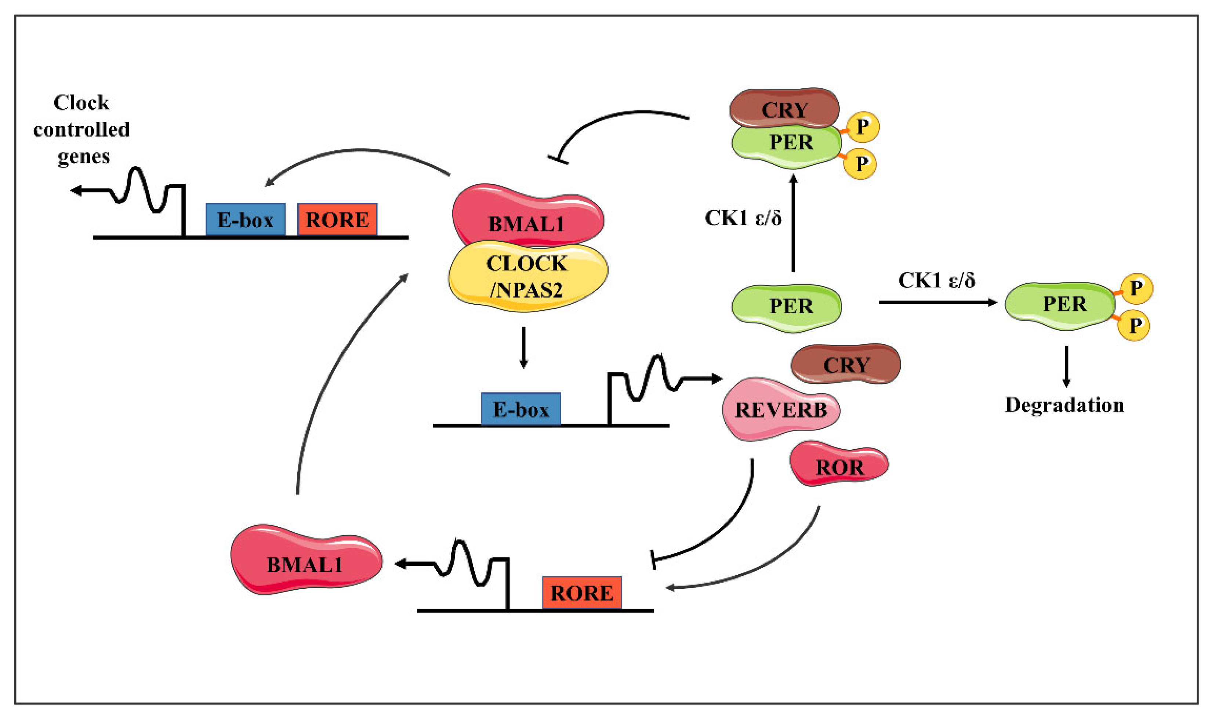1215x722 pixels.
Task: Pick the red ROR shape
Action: [x=838, y=464]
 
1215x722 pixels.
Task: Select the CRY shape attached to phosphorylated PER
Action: [x=784, y=108]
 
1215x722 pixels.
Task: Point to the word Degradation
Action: [x=1065, y=405]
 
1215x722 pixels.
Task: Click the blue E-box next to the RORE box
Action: [x=245, y=219]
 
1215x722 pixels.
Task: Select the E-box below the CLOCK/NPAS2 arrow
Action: [x=521, y=409]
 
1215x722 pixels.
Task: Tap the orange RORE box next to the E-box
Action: [x=337, y=219]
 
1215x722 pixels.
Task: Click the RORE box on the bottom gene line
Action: [x=582, y=592]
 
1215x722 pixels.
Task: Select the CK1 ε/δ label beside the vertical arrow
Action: [x=743, y=218]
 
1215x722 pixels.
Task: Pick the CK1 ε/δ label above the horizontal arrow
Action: [x=936, y=280]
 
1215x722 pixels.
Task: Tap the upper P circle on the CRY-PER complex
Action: [x=862, y=127]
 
